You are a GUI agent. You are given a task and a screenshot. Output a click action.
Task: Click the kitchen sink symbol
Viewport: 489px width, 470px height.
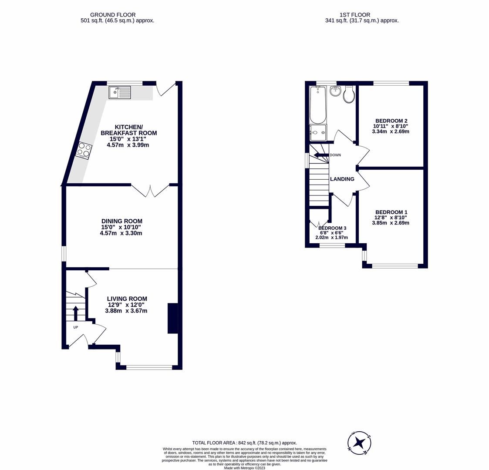[x=120, y=92]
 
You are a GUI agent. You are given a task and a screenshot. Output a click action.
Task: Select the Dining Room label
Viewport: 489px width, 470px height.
[x=121, y=221]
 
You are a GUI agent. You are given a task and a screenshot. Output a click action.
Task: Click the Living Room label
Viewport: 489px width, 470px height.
[x=127, y=299]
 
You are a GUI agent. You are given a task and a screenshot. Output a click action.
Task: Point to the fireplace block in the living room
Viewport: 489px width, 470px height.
[x=172, y=318]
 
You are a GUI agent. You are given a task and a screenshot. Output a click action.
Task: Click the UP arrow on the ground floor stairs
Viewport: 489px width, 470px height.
[x=75, y=313]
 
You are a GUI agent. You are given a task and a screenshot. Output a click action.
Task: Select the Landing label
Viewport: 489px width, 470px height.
[x=342, y=179]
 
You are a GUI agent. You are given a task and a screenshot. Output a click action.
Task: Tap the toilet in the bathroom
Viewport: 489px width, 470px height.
[x=349, y=94]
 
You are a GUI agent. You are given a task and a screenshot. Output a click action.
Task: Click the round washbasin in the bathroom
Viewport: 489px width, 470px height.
[x=335, y=91]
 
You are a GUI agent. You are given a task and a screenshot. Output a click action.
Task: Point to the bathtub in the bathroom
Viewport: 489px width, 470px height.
[x=317, y=105]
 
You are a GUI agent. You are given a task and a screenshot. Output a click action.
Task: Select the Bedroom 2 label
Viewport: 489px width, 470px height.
[x=391, y=121]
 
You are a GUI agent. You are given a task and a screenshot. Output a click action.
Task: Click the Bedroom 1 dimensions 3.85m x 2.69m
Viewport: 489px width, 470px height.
[x=390, y=223]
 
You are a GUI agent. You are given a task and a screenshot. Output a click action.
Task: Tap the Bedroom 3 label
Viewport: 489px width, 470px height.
[x=332, y=228]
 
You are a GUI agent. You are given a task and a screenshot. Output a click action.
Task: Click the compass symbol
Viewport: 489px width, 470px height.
[x=359, y=443]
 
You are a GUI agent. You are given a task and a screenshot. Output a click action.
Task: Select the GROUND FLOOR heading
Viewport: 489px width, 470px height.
[x=113, y=15]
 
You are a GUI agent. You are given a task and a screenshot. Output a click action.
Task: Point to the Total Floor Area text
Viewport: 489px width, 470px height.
[x=244, y=443]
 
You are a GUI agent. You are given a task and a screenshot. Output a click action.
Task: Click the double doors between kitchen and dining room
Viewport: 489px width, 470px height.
[x=150, y=191]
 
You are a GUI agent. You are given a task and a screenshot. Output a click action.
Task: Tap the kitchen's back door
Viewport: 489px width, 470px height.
[x=165, y=89]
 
